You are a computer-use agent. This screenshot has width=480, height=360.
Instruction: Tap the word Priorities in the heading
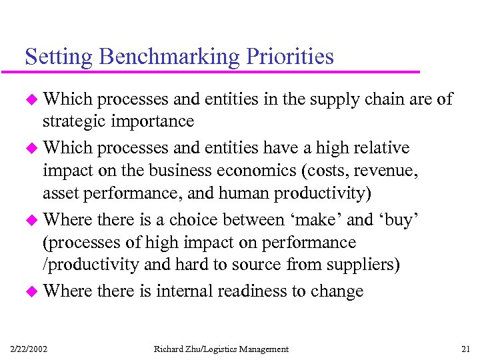[290, 57]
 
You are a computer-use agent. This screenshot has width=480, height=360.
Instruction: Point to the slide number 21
[465, 349]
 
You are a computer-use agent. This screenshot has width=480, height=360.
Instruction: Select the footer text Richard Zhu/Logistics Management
[221, 349]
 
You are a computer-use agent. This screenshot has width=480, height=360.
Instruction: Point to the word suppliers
[364, 265]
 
